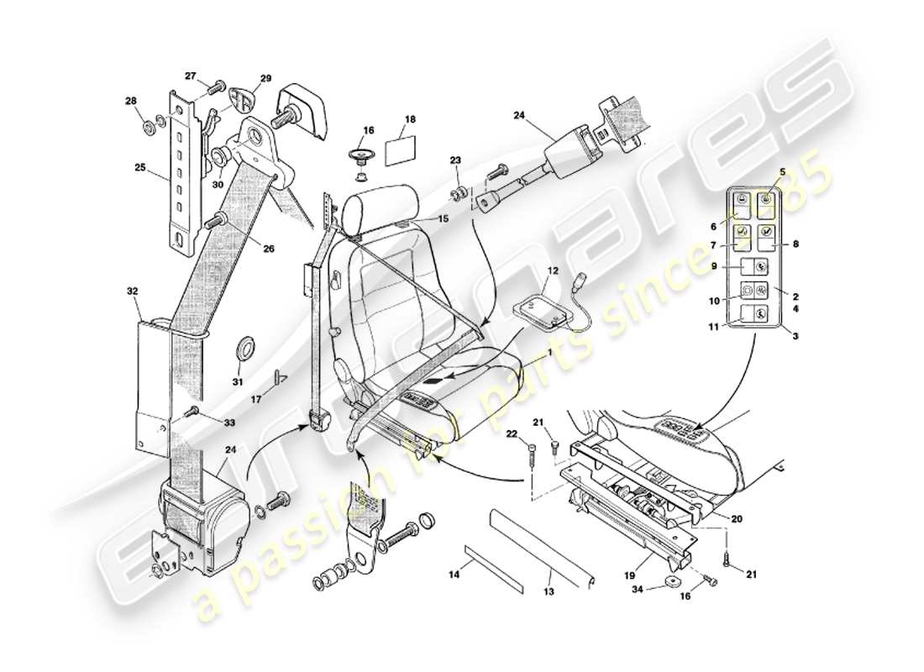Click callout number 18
tap(410, 120)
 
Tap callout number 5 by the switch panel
tap(782, 172)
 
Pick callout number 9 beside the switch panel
tap(713, 266)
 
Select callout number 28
tap(131, 102)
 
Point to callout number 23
tap(455, 159)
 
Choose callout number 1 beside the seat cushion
tap(550, 354)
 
